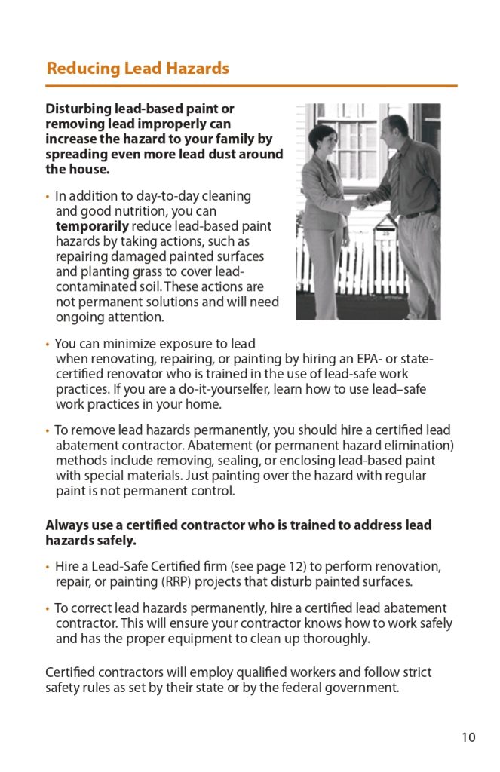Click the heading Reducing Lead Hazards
[x=137, y=69]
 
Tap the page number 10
[x=468, y=737]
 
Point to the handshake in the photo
[x=363, y=201]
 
